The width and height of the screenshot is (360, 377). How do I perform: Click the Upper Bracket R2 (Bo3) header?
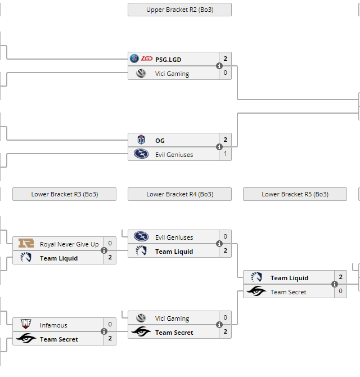[179, 10]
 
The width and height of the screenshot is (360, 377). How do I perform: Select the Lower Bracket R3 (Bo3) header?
[64, 194]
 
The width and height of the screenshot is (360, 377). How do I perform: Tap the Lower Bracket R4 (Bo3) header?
[179, 194]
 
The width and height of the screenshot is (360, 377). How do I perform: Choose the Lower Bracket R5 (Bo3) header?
[295, 194]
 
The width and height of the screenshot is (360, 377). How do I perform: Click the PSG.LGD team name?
[168, 59]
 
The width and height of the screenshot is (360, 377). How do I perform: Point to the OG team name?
[160, 140]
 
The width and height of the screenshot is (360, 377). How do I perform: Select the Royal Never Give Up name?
[69, 244]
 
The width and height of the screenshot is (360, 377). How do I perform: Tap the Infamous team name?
[53, 325]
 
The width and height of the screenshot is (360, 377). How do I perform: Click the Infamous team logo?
[26, 325]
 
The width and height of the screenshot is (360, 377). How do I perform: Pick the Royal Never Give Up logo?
[26, 244]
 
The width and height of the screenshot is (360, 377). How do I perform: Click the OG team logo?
[141, 140]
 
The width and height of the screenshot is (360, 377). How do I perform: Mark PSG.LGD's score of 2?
[225, 59]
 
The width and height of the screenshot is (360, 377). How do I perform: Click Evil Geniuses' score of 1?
[225, 154]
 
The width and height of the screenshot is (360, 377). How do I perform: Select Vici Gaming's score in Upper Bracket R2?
[225, 73]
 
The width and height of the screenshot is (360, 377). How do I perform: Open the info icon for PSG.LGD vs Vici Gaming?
[219, 66]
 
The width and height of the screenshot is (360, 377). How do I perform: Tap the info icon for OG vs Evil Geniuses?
[219, 147]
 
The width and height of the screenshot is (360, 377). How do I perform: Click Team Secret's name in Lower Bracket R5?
[289, 292]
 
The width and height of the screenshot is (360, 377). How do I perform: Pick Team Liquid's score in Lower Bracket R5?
[340, 277]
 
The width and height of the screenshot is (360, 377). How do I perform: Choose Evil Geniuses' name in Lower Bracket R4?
[174, 237]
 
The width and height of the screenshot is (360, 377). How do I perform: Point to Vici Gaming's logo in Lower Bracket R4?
[141, 318]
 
